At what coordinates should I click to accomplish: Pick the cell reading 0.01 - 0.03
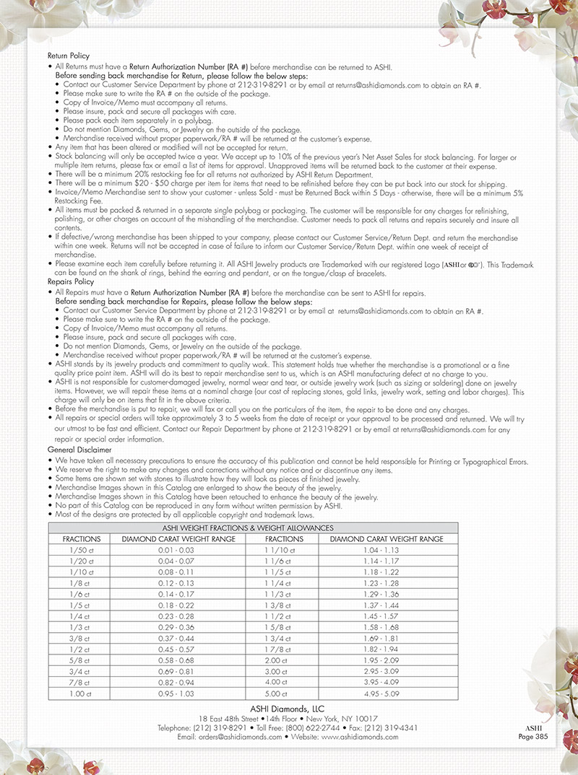click(178, 550)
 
